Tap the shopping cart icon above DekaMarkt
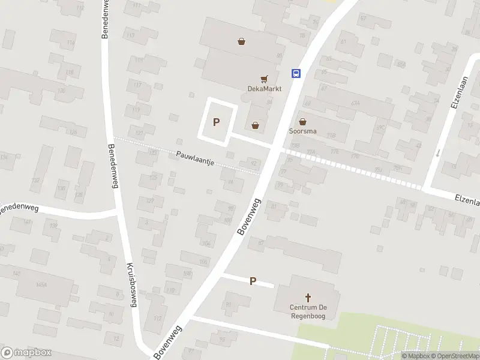[263, 79]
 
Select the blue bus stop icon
[296, 73]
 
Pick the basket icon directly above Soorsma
[302, 121]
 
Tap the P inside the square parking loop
[217, 122]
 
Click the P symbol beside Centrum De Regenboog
[253, 281]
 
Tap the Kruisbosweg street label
[131, 285]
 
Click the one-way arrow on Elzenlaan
[437, 152]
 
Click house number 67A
[355, 103]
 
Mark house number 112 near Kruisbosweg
[157, 318]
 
